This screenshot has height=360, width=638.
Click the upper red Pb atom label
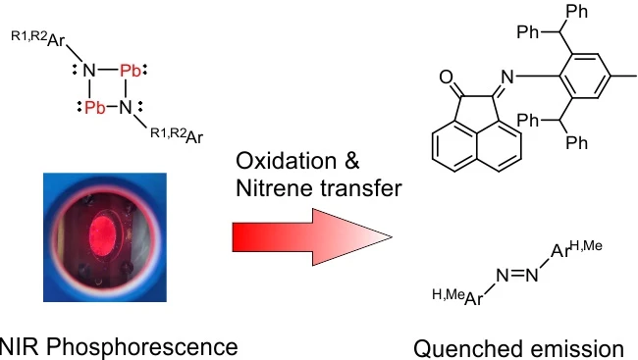pos(131,71)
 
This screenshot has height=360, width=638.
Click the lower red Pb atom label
pos(95,108)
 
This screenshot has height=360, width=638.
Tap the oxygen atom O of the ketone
pos(447,77)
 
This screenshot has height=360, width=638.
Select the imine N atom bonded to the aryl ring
pos(507,77)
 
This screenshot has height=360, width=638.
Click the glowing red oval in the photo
pos(103,231)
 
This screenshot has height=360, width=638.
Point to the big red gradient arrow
pos(312,236)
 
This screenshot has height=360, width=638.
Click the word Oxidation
pos(287,161)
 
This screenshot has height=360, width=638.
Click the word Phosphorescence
pos(141,348)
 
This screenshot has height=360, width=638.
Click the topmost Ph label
pos(577,12)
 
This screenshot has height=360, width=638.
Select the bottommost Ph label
pos(577,142)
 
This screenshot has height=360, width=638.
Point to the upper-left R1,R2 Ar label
pos(38,38)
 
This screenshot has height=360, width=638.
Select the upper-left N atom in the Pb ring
pos(89,71)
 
